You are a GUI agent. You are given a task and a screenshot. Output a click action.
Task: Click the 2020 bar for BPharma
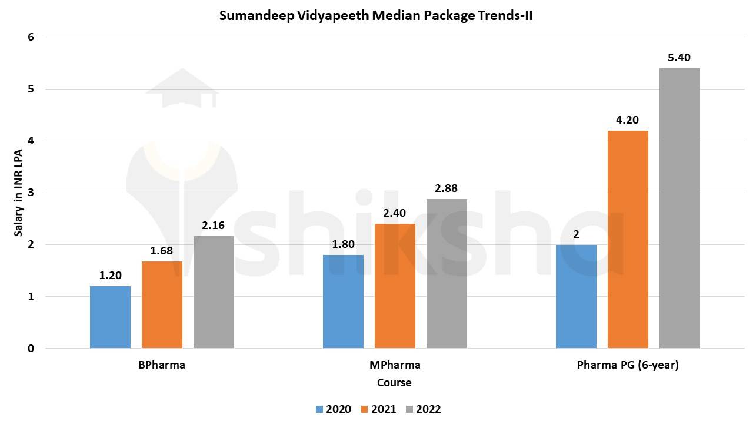point(110,317)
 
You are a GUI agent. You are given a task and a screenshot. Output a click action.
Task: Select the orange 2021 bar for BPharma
point(162,304)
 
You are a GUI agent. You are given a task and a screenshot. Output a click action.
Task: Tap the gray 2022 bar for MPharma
point(447,273)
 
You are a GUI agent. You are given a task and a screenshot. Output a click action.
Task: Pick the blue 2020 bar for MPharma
point(343,301)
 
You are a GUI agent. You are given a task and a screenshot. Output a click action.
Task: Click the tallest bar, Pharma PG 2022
point(679,208)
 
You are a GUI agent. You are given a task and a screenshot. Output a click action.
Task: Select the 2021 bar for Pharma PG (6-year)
point(628,239)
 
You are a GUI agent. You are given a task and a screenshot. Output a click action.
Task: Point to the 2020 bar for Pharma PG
point(576,296)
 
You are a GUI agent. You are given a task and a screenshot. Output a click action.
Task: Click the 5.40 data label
point(679,58)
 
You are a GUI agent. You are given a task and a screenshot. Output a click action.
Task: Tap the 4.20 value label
point(627,120)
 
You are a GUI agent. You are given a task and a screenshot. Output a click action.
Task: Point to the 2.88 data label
point(446,188)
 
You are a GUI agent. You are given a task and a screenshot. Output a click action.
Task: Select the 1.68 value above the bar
point(162,251)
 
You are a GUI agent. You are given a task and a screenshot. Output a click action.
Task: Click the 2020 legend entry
point(333,409)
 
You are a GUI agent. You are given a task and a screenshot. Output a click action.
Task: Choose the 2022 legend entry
point(423,409)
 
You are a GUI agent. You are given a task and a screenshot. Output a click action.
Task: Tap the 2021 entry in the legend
point(378,409)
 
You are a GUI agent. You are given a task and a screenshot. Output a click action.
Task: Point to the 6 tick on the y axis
point(31,37)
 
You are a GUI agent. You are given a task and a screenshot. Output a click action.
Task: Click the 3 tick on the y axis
point(31,193)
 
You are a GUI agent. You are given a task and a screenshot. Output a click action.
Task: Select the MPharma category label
point(395,365)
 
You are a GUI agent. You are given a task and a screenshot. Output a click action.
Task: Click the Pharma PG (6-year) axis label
point(628,365)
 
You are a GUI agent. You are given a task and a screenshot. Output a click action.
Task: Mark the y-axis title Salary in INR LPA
point(19,193)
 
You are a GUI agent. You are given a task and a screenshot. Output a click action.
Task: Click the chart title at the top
point(376,15)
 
